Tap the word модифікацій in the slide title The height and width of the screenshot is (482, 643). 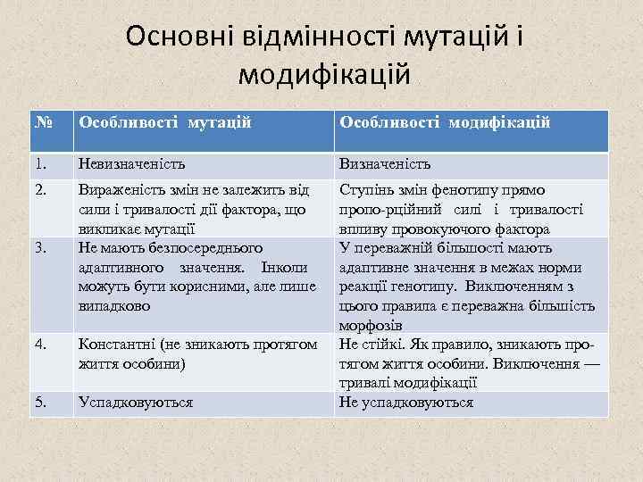point(324,73)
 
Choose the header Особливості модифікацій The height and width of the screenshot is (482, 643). point(443,121)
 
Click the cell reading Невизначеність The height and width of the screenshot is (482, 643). point(132,164)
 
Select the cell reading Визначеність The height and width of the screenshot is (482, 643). point(384,164)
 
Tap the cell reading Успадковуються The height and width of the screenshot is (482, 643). point(135,403)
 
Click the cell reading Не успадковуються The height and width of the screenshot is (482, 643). point(405,403)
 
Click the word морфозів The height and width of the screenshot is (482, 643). point(370,326)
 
